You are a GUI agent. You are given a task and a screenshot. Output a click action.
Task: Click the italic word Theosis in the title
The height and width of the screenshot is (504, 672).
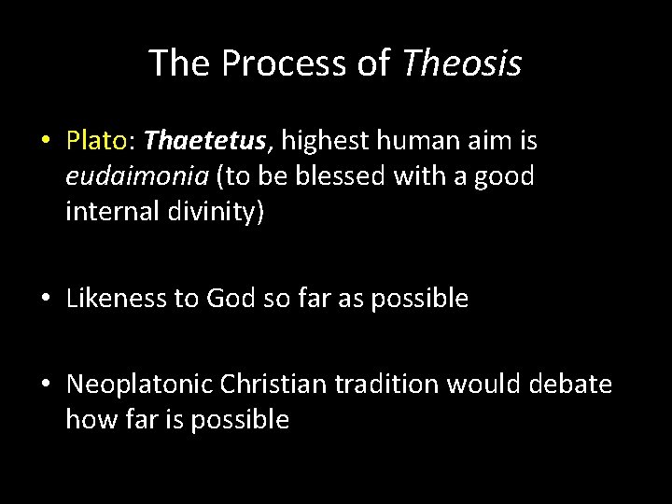pyautogui.click(x=462, y=63)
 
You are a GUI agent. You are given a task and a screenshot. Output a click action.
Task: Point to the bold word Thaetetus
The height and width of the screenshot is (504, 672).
pyautogui.click(x=206, y=141)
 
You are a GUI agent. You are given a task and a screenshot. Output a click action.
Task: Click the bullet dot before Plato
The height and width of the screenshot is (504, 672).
pyautogui.click(x=45, y=143)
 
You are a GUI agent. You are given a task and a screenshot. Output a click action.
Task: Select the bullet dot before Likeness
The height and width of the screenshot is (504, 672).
pyautogui.click(x=45, y=300)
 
